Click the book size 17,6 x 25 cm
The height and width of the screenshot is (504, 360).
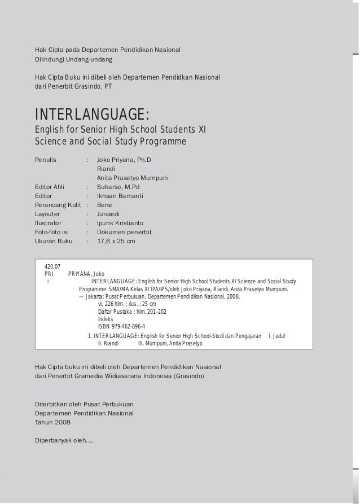[x=116, y=241]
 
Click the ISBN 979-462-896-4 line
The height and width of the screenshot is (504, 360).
[x=121, y=326]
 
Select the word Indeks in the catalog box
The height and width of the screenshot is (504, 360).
[x=106, y=319]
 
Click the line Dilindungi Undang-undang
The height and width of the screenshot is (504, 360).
[x=73, y=59]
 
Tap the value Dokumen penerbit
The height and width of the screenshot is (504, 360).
[x=124, y=232]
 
